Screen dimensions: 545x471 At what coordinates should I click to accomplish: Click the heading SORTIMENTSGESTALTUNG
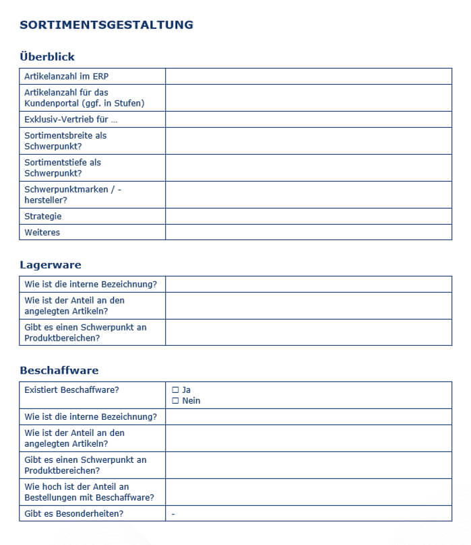(106, 25)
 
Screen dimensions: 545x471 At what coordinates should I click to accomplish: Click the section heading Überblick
(47, 57)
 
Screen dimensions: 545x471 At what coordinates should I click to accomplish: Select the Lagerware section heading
(51, 265)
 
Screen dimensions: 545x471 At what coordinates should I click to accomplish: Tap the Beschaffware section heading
(59, 371)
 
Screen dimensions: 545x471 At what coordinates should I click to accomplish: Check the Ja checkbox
(176, 390)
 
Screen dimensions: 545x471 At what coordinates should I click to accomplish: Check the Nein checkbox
(176, 401)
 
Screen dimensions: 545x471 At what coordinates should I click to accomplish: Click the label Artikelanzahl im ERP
(66, 77)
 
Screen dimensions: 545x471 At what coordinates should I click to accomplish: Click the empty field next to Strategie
(308, 216)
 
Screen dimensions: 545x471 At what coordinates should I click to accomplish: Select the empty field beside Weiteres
(308, 232)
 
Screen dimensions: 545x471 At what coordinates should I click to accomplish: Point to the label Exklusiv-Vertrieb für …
(71, 120)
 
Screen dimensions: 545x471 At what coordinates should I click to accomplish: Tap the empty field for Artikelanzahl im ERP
(308, 77)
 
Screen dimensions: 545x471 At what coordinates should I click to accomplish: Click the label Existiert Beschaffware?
(71, 390)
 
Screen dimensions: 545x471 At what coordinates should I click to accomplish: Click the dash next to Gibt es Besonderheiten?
(173, 514)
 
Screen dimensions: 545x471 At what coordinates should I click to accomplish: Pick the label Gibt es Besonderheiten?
(74, 514)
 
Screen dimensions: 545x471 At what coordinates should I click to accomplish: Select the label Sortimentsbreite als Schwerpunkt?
(65, 141)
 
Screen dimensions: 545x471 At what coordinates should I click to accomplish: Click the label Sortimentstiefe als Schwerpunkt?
(63, 168)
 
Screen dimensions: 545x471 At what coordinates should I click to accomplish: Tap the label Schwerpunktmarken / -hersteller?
(73, 194)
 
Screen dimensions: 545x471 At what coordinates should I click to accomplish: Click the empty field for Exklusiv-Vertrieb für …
(308, 120)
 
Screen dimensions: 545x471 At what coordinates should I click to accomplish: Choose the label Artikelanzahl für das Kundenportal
(84, 98)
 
